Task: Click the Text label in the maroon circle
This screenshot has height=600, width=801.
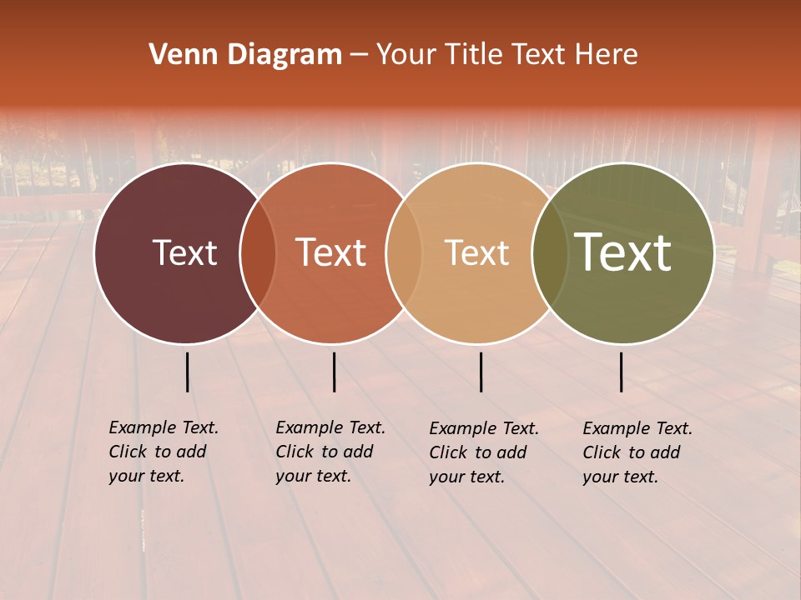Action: coord(184,252)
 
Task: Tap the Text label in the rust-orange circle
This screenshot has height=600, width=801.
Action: coord(331,252)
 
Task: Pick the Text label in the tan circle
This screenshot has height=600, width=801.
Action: coord(476,252)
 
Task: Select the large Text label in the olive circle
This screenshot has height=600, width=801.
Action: coord(623,252)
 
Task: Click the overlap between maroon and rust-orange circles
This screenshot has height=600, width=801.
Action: coord(258,252)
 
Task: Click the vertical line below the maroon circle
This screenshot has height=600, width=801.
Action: coord(187,372)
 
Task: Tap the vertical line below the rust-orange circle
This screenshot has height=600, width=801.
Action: coord(334,372)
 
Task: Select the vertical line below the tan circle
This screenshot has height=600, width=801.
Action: coord(481,372)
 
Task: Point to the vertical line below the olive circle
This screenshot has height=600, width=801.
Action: coord(621,372)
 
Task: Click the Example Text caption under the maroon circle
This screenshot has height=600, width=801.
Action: coord(164,452)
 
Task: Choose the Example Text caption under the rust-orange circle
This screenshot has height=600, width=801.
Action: coord(330,452)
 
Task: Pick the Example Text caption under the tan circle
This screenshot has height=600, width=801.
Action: coord(484,452)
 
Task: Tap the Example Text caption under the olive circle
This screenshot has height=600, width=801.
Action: coord(637,452)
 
